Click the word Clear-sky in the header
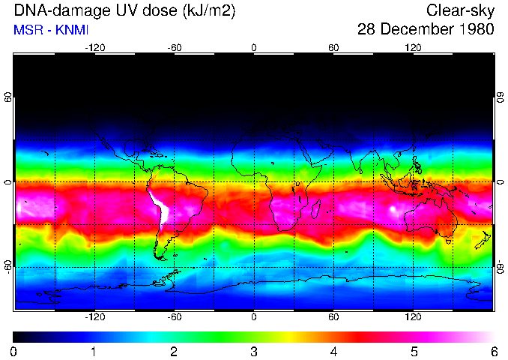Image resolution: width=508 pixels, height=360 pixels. tap(461, 10)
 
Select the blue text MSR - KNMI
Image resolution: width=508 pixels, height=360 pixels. tap(51, 30)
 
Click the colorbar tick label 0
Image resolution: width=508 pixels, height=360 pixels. tap(14, 351)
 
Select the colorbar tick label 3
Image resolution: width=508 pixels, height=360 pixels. tap(254, 351)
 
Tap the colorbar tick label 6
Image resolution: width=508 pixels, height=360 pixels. tap(493, 351)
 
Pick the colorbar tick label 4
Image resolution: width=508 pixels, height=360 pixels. tap(333, 351)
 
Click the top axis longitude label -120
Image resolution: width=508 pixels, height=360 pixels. tap(94, 47)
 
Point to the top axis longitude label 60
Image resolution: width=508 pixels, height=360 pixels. tap(333, 47)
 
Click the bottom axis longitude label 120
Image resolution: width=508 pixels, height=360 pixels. tap(413, 316)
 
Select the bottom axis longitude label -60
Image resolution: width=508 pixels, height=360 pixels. tap(174, 316)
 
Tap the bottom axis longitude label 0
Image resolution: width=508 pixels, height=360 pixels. tap(254, 316)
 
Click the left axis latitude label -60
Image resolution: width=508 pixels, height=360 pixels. tap(8, 266)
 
